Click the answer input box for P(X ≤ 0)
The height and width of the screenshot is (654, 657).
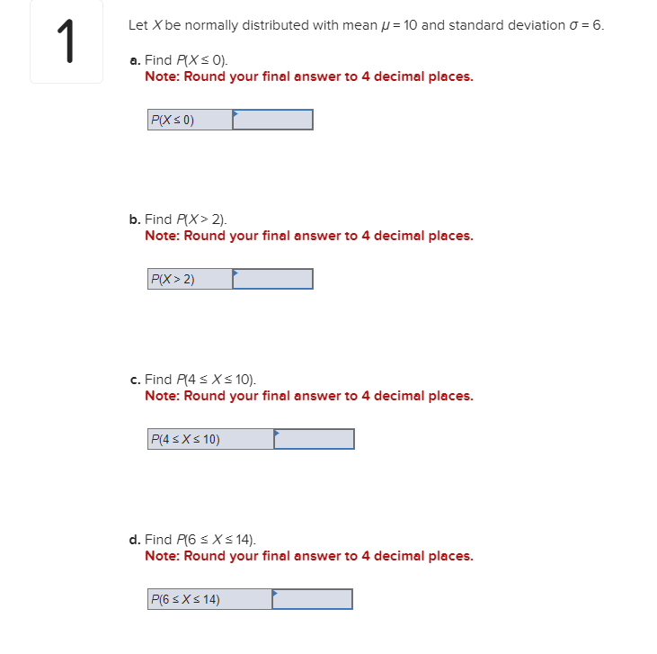point(273,120)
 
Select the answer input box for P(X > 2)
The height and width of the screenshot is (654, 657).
point(273,280)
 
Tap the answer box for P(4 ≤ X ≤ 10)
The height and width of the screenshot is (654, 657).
point(315,439)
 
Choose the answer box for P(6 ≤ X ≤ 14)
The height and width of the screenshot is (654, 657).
point(313,599)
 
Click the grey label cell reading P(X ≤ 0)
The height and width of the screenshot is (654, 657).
point(190,120)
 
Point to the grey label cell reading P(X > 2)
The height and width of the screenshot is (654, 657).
point(190,280)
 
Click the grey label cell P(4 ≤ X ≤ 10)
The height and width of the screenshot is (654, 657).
point(210,439)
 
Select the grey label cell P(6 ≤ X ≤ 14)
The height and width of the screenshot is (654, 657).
point(209,599)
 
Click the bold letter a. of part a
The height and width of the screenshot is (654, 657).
point(135,60)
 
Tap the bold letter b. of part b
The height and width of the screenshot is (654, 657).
point(135,219)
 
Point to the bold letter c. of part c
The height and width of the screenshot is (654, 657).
point(135,380)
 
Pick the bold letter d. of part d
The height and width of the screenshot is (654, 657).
point(135,540)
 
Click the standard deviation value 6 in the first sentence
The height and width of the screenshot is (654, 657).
point(597,25)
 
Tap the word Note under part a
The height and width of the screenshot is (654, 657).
point(161,76)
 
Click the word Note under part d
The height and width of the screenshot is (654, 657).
point(161,556)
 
